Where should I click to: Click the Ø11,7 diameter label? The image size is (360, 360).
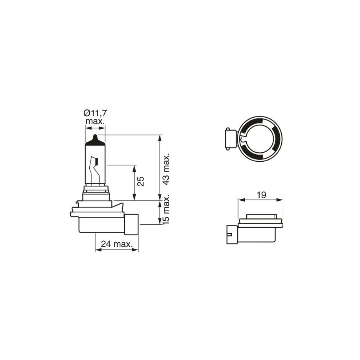95,113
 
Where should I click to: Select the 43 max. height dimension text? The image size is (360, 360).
166,169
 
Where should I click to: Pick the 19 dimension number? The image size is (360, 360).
260,194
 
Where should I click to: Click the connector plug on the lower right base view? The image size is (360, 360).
232,234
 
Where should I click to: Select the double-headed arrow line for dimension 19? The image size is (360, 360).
260,200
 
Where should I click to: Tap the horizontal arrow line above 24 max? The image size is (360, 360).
116,250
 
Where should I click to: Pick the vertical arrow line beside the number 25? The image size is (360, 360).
135,183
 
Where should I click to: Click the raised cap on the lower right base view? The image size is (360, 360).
260,216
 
